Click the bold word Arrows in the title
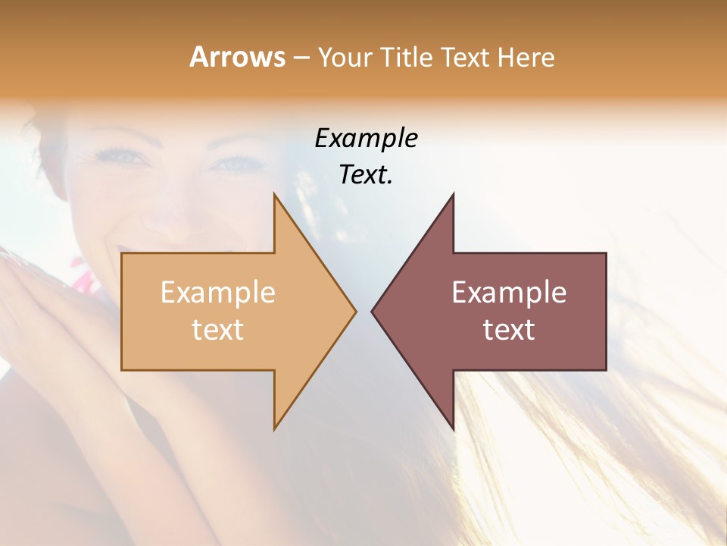pyautogui.click(x=237, y=57)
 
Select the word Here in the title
pyautogui.click(x=526, y=58)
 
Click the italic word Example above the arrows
pyautogui.click(x=366, y=138)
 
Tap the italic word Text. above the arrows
pyautogui.click(x=366, y=174)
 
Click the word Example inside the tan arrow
pyautogui.click(x=218, y=293)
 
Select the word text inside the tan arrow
pyautogui.click(x=218, y=329)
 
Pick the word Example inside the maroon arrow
pyautogui.click(x=509, y=293)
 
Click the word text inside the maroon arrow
pyautogui.click(x=509, y=329)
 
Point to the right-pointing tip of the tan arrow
pyautogui.click(x=355, y=311)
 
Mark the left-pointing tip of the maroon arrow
pyautogui.click(x=372, y=311)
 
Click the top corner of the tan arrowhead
pyautogui.click(x=274, y=194)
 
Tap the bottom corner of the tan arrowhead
pyautogui.click(x=274, y=428)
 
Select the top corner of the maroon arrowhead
pyautogui.click(x=453, y=194)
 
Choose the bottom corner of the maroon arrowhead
pyautogui.click(x=453, y=428)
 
